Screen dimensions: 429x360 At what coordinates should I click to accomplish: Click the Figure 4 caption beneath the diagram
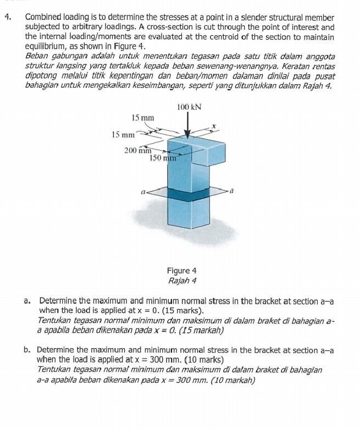[x=182, y=271]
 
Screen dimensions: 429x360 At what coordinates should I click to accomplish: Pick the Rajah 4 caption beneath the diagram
[x=182, y=280]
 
